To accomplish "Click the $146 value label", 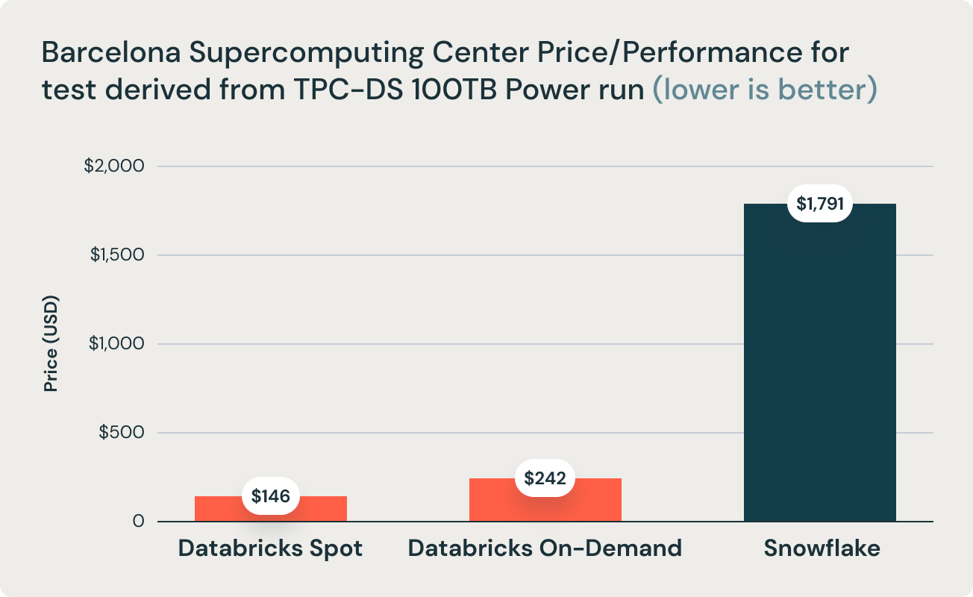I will tap(270, 496).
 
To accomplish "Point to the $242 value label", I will tap(545, 478).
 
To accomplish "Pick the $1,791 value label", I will tap(820, 203).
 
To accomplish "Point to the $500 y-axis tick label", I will tap(121, 432).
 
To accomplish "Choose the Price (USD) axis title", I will tap(51, 343).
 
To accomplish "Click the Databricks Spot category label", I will tap(270, 548).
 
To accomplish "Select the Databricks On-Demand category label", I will tap(545, 548).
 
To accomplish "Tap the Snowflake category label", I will tap(822, 548).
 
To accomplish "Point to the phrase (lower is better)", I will tap(765, 90).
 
